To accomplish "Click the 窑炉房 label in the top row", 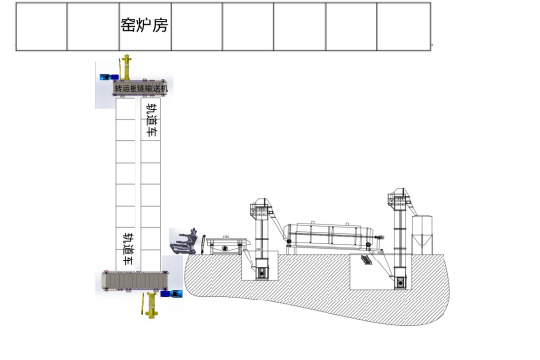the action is click(143, 25).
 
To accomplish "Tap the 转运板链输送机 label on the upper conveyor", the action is click(142, 89).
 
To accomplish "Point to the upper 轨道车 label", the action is click(152, 127).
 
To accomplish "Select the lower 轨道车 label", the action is click(128, 246).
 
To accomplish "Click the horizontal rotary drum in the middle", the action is click(332, 236).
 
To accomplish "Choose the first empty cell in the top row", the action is click(41, 25).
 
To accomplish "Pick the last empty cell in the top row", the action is click(403, 25).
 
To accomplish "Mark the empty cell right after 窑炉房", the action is click(196, 25).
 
